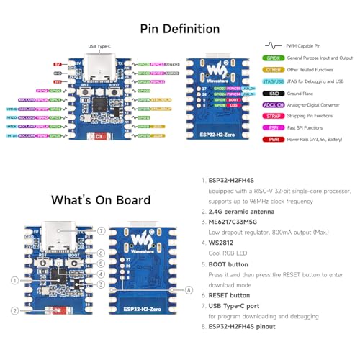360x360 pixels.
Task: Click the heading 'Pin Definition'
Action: pos(180,29)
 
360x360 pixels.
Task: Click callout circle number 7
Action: pos(101,230)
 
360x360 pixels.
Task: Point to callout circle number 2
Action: pos(15,311)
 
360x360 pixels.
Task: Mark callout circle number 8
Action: pos(189,290)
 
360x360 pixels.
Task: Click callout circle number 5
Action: pos(101,264)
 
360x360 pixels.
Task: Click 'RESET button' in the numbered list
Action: pos(231,295)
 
